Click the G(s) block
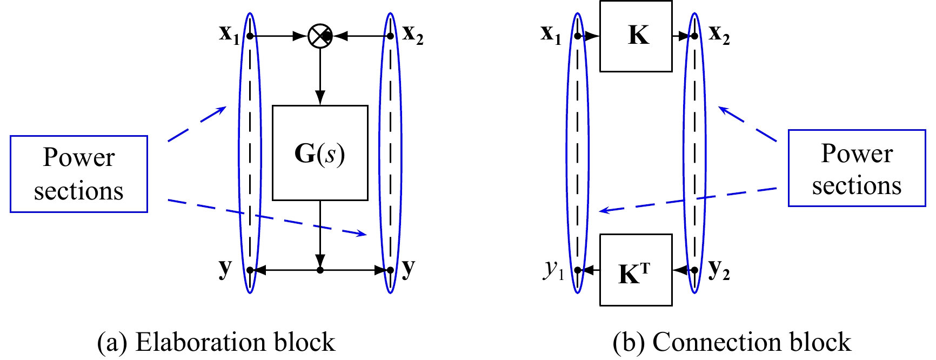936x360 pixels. pos(320,153)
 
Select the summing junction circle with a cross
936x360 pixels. pos(320,36)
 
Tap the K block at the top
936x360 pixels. pos(636,36)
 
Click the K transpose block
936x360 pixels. pos(636,270)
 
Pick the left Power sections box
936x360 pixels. pos(79,174)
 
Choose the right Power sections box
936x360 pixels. pos(857,168)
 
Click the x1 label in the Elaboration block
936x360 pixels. pos(229,34)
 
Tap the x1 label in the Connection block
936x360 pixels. pos(551,34)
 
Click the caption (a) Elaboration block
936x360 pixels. pos(216,342)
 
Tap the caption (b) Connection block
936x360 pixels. pos(732,342)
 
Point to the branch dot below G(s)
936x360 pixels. pos(320,270)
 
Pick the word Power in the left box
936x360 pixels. pos(79,157)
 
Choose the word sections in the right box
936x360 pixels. pos(857,185)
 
